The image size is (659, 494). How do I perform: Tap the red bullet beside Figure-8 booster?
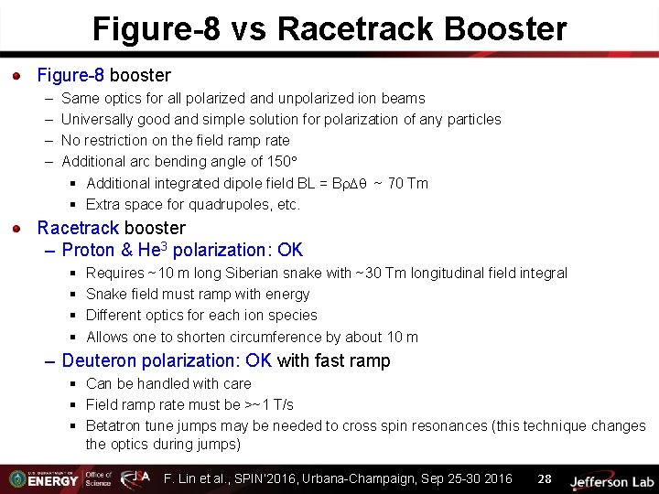17,76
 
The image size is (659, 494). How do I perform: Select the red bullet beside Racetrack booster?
17,229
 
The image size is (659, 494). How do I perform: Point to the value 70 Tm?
408,184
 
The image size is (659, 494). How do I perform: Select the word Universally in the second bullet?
97,120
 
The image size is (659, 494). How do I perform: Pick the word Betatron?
113,426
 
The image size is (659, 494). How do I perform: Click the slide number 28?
544,479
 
